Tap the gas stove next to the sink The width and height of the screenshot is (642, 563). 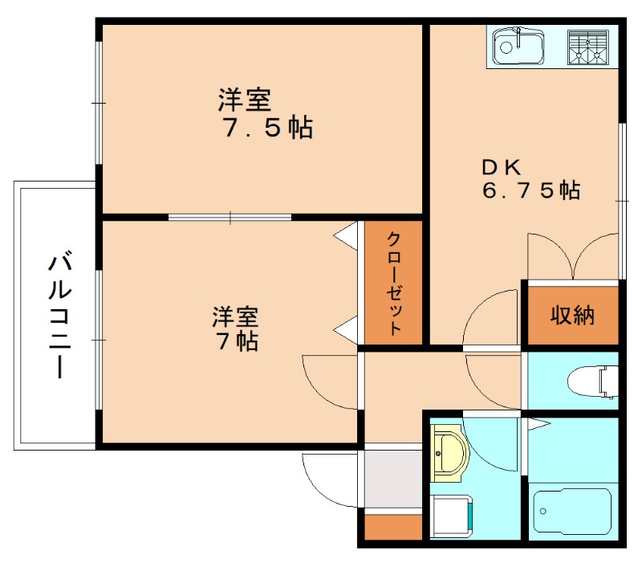pyautogui.click(x=588, y=47)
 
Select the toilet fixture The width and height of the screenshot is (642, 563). pyautogui.click(x=591, y=380)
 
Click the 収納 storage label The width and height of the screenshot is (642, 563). pyautogui.click(x=572, y=315)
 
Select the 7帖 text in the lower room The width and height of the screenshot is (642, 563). pyautogui.click(x=236, y=341)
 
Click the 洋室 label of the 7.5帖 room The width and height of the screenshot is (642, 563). pyautogui.click(x=244, y=100)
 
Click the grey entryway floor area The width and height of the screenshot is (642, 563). pyautogui.click(x=393, y=478)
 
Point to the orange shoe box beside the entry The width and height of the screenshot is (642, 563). pyautogui.click(x=393, y=527)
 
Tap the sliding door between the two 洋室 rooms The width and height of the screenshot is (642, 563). pyautogui.click(x=230, y=216)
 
